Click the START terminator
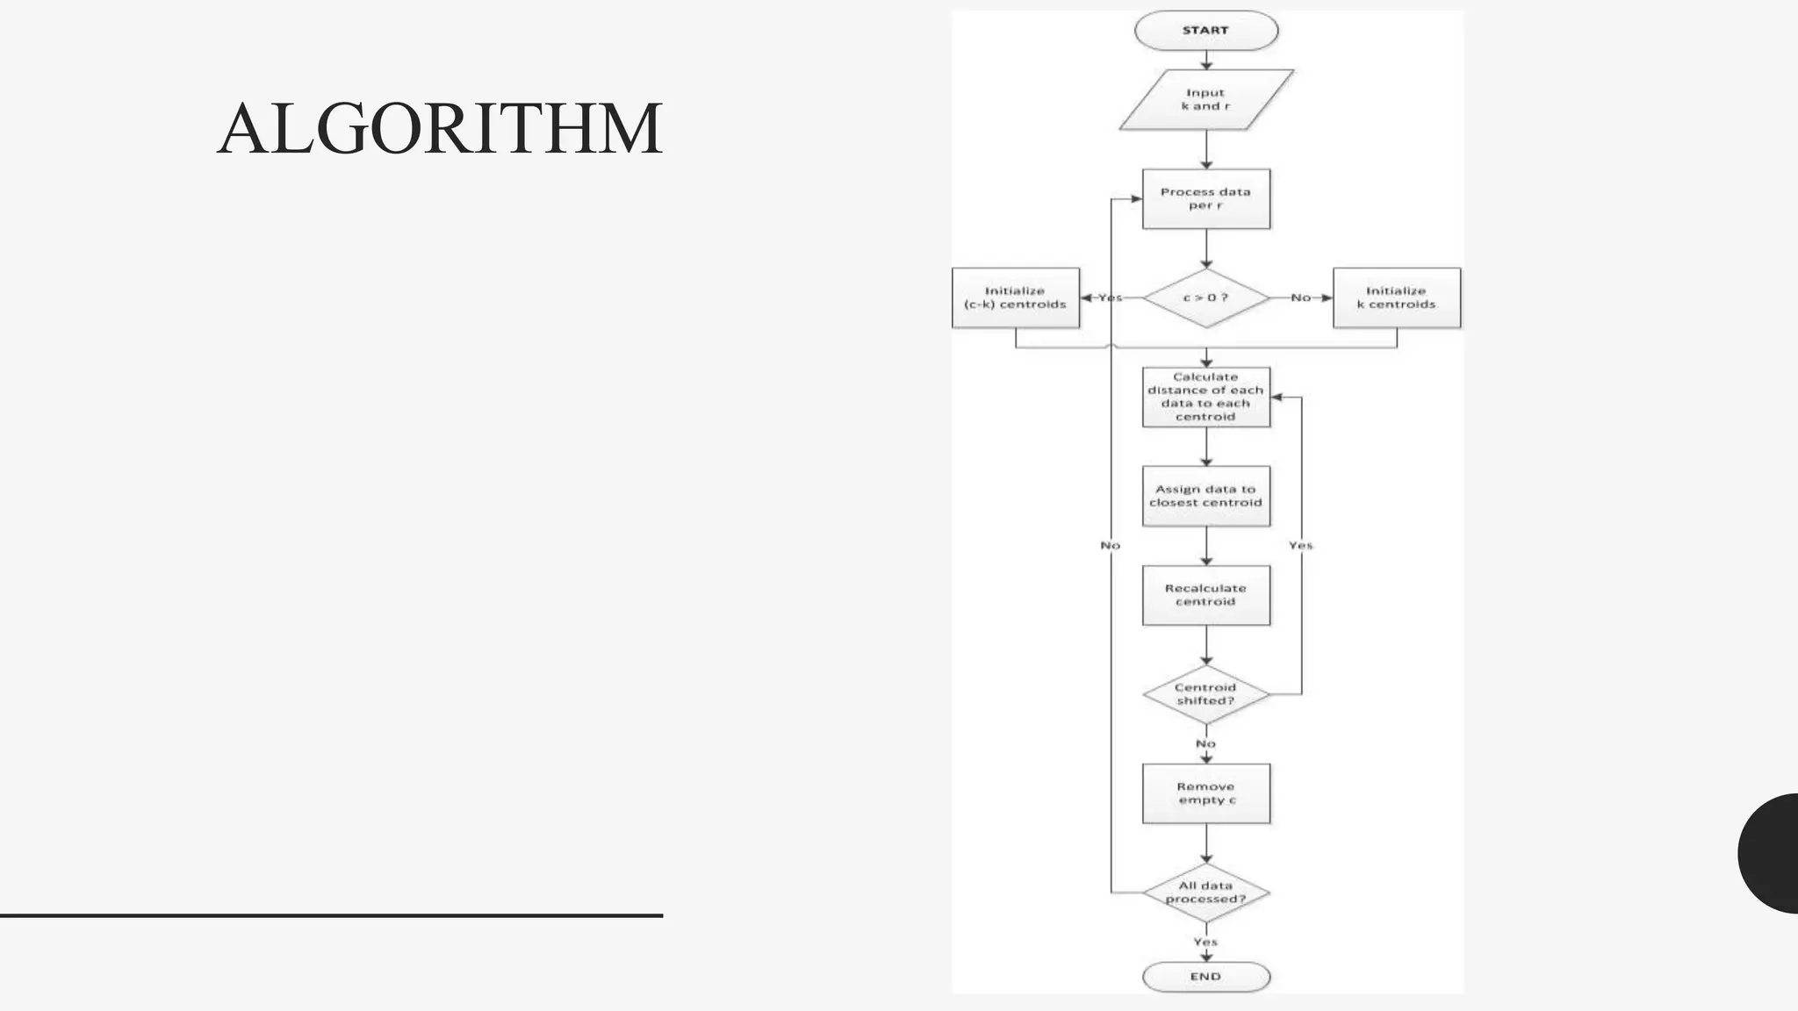tap(1205, 31)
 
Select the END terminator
tap(1205, 976)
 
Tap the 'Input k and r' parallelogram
tap(1205, 99)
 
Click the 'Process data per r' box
tap(1205, 198)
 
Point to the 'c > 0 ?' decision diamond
tap(1205, 298)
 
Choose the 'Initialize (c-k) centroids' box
tap(1015, 298)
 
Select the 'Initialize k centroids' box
tap(1396, 298)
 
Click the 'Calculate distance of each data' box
tap(1205, 397)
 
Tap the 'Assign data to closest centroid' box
tap(1205, 496)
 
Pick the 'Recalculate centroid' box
tap(1205, 595)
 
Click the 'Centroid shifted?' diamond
tap(1205, 694)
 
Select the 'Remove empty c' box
tap(1205, 793)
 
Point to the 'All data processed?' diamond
tap(1205, 893)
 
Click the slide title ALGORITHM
tap(439, 129)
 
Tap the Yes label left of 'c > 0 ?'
tap(1110, 298)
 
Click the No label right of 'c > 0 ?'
tap(1300, 298)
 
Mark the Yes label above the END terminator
tap(1205, 942)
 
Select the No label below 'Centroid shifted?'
tap(1205, 743)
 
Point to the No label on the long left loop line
tap(1110, 545)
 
